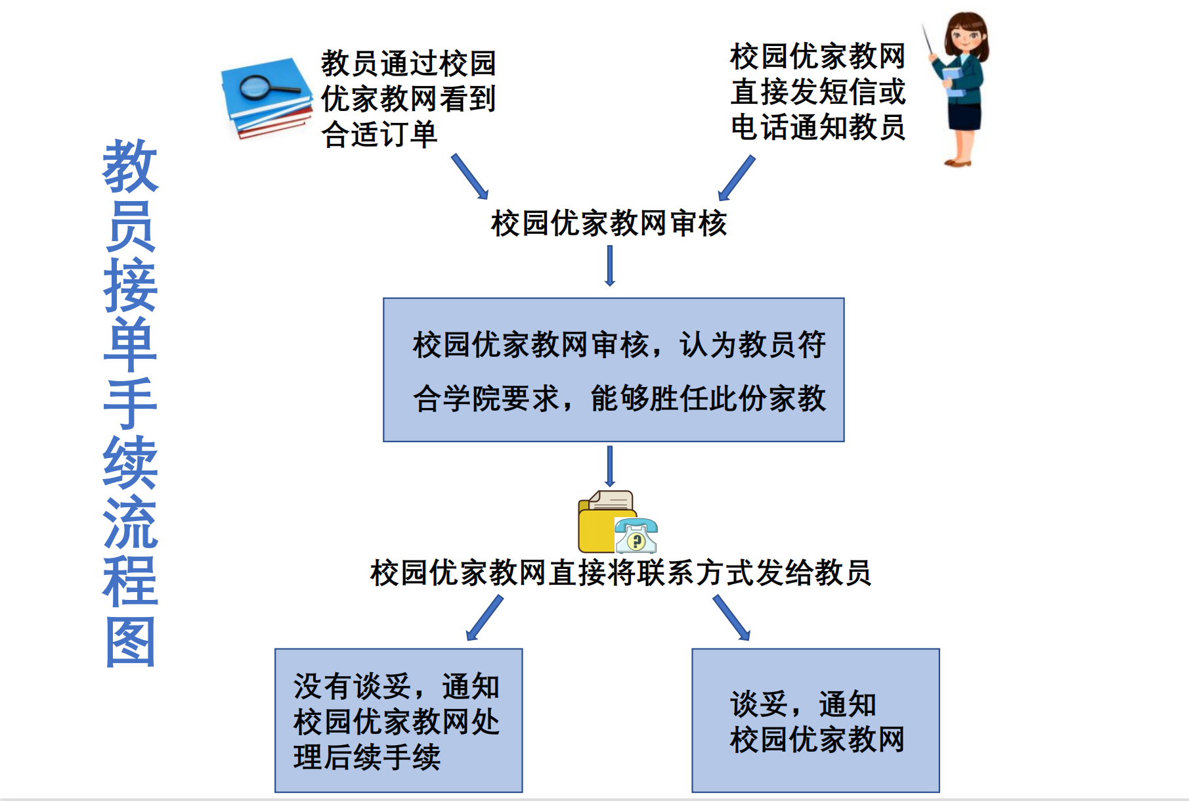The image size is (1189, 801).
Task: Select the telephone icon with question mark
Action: (x=636, y=535)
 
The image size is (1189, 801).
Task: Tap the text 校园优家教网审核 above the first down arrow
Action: (x=609, y=223)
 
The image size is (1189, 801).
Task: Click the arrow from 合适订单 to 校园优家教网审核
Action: (x=469, y=176)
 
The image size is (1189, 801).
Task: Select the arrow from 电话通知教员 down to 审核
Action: (x=737, y=177)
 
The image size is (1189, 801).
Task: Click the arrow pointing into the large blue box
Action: (x=610, y=265)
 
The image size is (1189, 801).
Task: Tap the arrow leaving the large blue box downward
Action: (x=610, y=466)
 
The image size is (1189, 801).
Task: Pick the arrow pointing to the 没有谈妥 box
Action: (x=485, y=617)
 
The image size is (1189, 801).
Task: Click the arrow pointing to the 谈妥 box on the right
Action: (x=731, y=617)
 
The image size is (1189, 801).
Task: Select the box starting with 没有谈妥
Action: (x=399, y=720)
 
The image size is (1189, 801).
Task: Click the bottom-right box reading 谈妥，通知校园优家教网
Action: (x=815, y=720)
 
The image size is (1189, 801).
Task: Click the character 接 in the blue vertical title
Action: (x=131, y=285)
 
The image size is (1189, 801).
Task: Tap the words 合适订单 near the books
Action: (x=379, y=135)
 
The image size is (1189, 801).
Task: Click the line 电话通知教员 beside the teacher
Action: (x=817, y=127)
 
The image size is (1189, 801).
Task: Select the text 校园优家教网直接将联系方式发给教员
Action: (x=620, y=573)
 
